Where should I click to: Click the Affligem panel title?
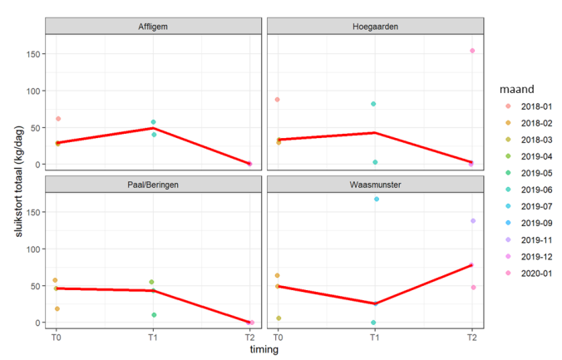pos(153,27)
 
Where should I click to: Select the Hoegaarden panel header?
pos(375,27)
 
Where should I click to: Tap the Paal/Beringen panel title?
pos(153,185)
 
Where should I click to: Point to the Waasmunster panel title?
pos(375,185)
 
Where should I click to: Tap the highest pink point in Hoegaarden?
pos(471,51)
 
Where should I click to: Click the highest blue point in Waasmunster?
pos(375,200)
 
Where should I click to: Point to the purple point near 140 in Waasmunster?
pos(471,221)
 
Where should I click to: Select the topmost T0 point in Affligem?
pos(57,119)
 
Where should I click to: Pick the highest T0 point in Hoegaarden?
pos(278,100)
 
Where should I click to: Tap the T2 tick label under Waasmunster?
pos(471,337)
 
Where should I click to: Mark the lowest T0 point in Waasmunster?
pos(278,318)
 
